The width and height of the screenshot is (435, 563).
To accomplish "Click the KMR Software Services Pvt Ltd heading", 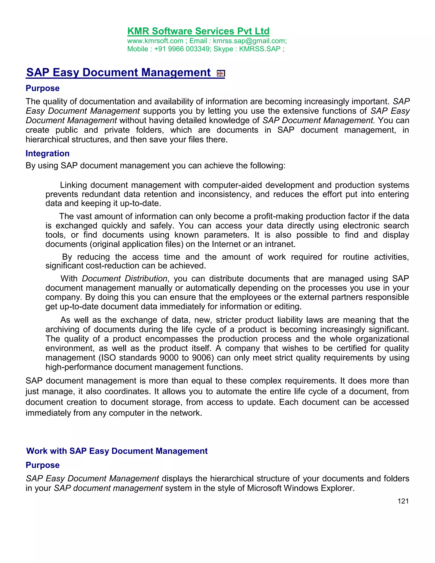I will pyautogui.click(x=198, y=31).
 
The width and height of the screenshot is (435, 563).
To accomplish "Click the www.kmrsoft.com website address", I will pyautogui.click(x=155, y=41).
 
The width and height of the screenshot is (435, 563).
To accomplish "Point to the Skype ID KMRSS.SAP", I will pyautogui.click(x=260, y=49).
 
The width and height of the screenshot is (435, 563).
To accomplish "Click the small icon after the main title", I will pyautogui.click(x=221, y=74).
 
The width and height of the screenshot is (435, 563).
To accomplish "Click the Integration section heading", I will pyautogui.click(x=47, y=153).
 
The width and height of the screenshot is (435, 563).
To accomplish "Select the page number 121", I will pyautogui.click(x=403, y=501).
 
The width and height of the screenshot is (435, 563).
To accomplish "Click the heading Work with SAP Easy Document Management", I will pyautogui.click(x=117, y=451).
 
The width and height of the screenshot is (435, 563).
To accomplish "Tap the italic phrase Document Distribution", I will pyautogui.click(x=125, y=279).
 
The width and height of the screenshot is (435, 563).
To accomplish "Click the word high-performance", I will pyautogui.click(x=79, y=367).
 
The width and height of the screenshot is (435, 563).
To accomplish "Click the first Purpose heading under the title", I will pyautogui.click(x=42, y=88).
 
